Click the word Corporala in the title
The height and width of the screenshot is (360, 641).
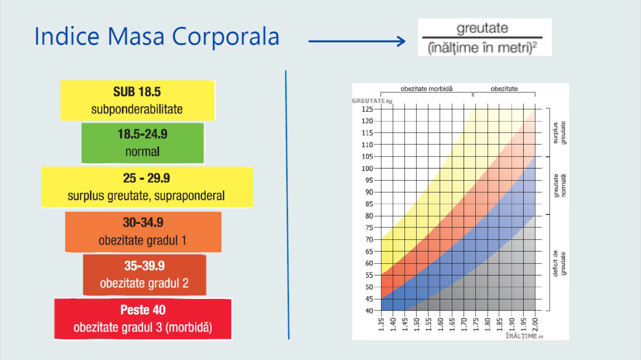(225, 37)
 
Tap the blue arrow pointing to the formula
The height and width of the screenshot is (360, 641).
(357, 41)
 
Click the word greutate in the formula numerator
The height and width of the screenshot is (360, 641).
(482, 28)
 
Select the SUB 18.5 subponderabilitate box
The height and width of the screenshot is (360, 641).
(137, 100)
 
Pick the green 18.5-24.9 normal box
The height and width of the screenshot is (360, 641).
(142, 143)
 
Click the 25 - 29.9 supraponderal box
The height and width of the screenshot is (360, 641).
(147, 187)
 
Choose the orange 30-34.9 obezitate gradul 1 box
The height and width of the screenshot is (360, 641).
(143, 232)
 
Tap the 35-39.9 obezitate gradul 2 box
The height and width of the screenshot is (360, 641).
(144, 275)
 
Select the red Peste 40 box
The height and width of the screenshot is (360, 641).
(143, 319)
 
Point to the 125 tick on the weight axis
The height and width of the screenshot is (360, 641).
(367, 109)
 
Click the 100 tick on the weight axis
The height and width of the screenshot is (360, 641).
(367, 168)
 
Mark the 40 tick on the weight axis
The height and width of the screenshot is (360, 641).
(369, 311)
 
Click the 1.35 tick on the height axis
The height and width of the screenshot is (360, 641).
(381, 324)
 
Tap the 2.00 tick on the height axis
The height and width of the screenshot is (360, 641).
(535, 324)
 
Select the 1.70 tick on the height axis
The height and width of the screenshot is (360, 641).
(464, 324)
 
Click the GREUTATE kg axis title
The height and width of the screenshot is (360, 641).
(372, 101)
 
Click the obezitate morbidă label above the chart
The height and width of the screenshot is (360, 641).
(426, 89)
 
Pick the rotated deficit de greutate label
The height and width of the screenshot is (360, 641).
(559, 263)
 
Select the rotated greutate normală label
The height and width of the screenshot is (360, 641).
(559, 185)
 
